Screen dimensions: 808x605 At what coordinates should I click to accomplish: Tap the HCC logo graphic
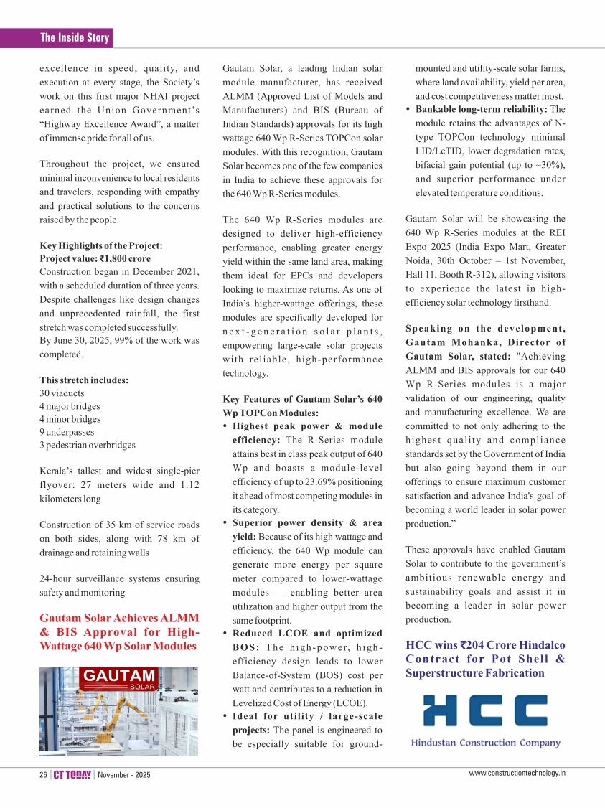tap(485, 710)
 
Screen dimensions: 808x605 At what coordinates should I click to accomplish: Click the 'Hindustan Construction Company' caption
tap(485, 743)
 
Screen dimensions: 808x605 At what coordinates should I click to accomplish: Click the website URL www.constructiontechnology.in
tap(517, 774)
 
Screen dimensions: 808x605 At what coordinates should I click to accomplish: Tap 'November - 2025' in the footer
tap(123, 775)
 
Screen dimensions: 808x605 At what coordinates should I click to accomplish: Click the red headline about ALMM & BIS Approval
tap(119, 631)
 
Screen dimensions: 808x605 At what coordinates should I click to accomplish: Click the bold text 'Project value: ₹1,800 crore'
tap(95, 258)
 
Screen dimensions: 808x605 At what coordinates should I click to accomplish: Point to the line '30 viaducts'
tap(62, 393)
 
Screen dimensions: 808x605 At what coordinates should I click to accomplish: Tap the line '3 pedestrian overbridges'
tap(88, 445)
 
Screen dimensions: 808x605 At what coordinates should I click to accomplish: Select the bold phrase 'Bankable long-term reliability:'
tap(482, 109)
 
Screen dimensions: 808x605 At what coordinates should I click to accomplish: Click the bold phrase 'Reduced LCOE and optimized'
tap(307, 633)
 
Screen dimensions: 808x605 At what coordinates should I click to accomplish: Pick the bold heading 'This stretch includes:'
tap(84, 380)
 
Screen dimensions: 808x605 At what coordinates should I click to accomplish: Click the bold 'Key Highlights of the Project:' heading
tap(100, 245)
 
